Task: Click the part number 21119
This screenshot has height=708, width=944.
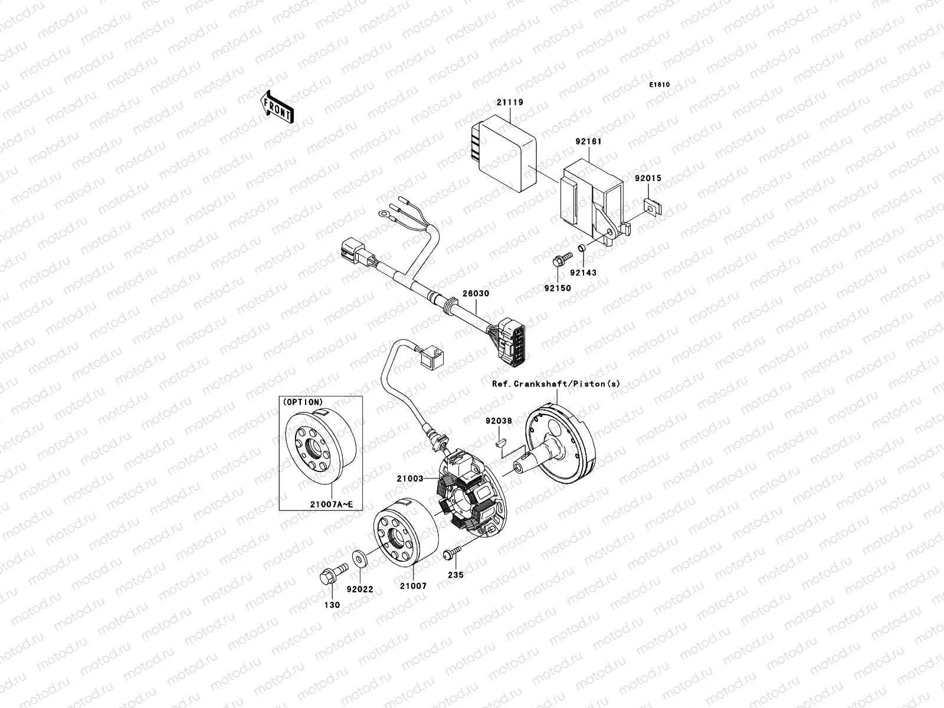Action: tap(510, 102)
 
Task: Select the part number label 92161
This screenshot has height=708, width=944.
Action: tap(588, 142)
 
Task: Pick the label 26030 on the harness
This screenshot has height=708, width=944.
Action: tap(476, 293)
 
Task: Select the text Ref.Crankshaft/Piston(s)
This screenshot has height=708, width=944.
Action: tap(556, 383)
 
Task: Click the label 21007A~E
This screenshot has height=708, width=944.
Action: tap(331, 504)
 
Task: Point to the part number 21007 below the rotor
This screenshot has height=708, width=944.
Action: tap(413, 586)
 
